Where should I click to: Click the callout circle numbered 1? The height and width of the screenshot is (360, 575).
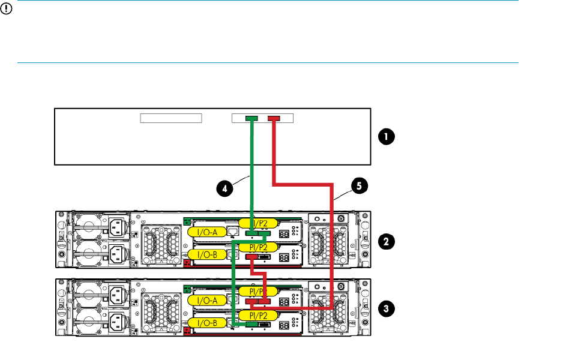385,137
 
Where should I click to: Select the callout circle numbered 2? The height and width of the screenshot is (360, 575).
385,241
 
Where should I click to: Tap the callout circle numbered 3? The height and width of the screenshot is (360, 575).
385,309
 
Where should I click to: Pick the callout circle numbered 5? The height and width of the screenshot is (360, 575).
358,187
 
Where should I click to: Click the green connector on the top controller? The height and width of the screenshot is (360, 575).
252,119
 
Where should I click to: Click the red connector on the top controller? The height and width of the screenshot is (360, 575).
274,119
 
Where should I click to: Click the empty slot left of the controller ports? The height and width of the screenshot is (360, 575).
170,118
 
